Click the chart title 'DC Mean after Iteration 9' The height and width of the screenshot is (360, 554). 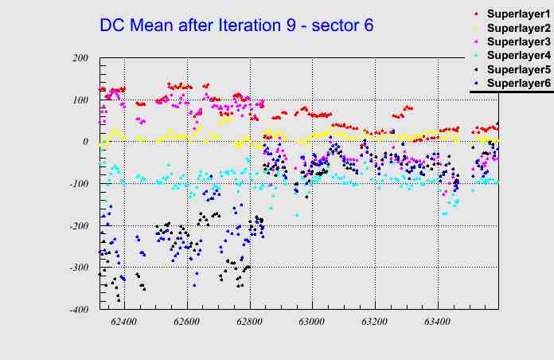coord(236,25)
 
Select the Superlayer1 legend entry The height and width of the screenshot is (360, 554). coord(518,14)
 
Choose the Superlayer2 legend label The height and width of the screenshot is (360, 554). coord(518,28)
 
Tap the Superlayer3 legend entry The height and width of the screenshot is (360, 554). coord(518,41)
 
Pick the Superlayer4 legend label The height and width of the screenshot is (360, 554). coord(518,55)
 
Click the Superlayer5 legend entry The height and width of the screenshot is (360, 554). coord(518,69)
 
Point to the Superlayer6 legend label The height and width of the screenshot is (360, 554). coord(518,83)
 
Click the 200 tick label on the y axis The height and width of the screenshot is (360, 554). coord(80,58)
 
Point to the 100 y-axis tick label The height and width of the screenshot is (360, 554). coord(80,100)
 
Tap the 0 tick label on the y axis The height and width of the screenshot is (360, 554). coord(85,142)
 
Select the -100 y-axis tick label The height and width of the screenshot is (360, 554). coord(78,184)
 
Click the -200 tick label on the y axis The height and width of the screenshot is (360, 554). coord(78,226)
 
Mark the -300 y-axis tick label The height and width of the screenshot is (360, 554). coord(78,268)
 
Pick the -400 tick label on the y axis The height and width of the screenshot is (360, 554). coord(78,310)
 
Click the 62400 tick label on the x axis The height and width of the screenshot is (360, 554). coord(124,323)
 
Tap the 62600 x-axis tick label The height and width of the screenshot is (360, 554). coord(187,323)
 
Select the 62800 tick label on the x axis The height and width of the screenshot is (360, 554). coord(250,323)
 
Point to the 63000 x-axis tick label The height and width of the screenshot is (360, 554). coord(312,323)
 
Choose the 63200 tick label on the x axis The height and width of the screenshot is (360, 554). coord(375,323)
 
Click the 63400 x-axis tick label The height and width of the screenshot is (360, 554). coord(438,323)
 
